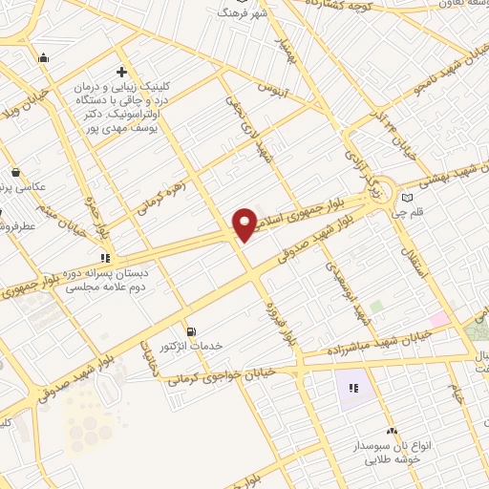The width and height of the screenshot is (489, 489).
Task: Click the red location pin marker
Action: [245, 223]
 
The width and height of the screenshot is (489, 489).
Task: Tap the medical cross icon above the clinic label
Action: [121, 73]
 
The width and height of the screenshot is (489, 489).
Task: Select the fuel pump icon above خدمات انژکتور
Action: [192, 330]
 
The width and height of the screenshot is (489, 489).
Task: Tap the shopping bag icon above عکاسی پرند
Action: [16, 172]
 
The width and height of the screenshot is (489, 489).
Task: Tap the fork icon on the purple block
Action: [351, 388]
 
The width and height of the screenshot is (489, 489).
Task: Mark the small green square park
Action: [375, 307]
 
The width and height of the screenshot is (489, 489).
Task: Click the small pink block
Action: [438, 319]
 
